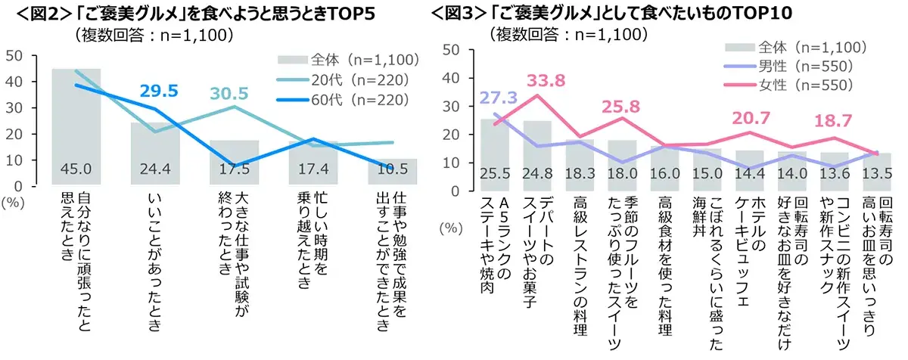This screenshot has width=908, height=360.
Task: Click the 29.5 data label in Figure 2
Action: [x=159, y=92]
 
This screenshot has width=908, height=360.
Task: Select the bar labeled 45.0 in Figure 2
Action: [x=76, y=125]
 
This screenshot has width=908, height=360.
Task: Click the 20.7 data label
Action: [x=749, y=117]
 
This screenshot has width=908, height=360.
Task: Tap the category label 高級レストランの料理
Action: [x=580, y=258]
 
